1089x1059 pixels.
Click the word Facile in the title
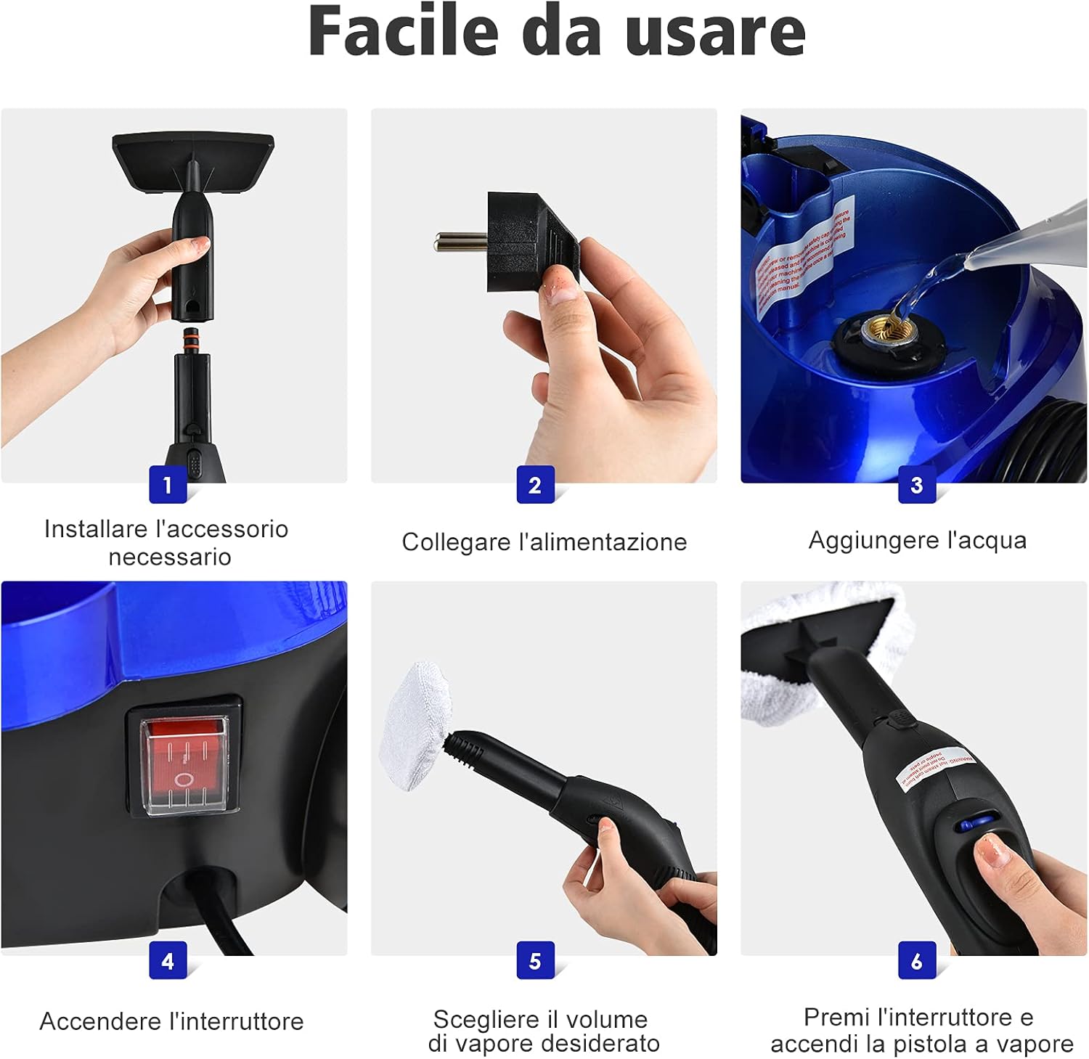403,30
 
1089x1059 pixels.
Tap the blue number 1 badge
168,485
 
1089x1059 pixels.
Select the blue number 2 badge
535,485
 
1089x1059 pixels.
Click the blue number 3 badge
916,485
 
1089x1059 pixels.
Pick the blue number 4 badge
168,960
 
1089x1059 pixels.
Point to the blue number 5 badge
535,960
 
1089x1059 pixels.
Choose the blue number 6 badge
916,960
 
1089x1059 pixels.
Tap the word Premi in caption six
837,1018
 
